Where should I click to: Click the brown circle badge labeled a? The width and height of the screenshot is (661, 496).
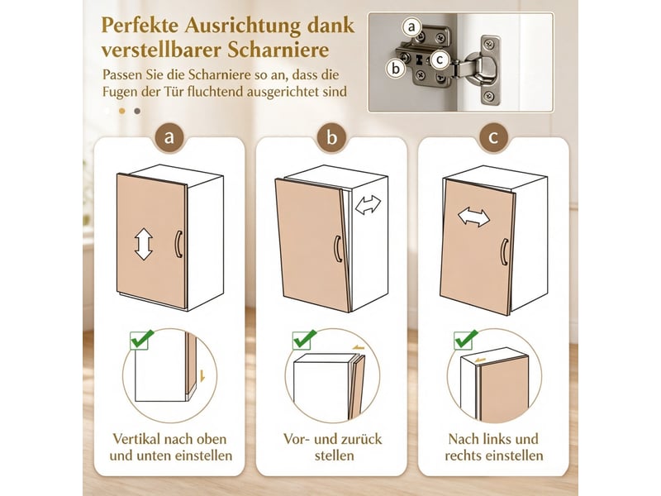169,137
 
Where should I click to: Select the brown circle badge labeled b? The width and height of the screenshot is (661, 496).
331,137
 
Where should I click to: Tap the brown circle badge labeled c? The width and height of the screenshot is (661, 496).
493,137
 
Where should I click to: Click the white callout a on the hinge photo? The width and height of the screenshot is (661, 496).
411,27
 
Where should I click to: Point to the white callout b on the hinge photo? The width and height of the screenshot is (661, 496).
396,69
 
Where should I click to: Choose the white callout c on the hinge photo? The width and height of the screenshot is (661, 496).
440,60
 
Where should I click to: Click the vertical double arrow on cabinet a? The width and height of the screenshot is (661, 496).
143,244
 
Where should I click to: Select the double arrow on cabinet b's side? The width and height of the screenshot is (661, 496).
368,204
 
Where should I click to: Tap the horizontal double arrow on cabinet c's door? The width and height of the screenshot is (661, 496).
473,217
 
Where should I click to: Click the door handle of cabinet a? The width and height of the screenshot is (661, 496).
178,244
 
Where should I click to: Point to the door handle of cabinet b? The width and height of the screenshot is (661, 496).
337,249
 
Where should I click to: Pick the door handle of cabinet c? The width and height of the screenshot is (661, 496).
504,252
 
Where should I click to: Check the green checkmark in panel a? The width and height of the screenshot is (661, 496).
141,339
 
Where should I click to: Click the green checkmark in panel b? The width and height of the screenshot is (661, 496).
304,339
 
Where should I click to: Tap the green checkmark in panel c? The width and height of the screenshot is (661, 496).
466,339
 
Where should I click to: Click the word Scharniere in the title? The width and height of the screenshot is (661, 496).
278,50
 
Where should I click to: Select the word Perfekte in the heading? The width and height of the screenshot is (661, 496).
140,26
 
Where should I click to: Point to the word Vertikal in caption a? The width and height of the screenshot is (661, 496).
136,439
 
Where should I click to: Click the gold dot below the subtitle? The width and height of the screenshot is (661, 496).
122,111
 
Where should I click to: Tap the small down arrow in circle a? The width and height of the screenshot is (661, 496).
202,376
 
